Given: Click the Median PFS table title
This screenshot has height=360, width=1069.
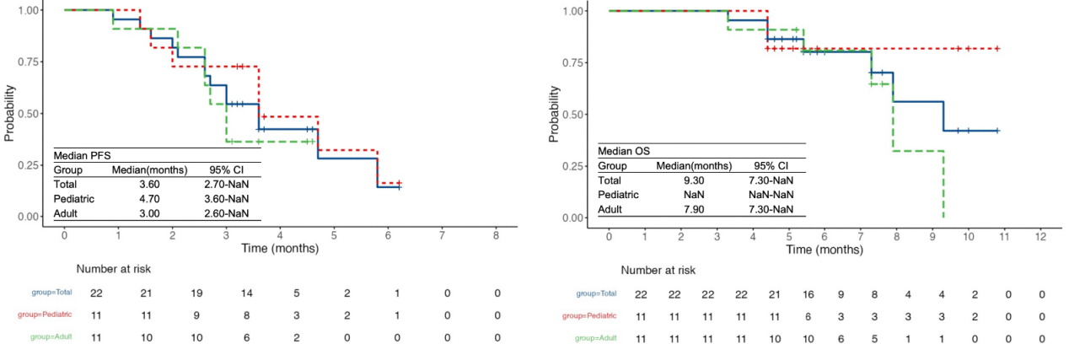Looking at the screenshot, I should [x=82, y=155].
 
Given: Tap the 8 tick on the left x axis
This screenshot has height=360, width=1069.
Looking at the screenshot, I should [x=496, y=233].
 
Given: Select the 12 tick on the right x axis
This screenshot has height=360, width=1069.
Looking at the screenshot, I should [x=1041, y=234].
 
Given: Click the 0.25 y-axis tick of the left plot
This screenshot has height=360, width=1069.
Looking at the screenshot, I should [x=28, y=164].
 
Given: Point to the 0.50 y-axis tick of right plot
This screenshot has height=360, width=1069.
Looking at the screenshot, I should [x=572, y=114].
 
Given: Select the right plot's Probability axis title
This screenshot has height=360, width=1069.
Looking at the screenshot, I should [x=553, y=114].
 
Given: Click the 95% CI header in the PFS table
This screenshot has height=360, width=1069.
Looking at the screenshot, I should [x=226, y=169].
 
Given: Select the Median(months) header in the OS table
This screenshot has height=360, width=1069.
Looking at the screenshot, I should [x=693, y=165].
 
